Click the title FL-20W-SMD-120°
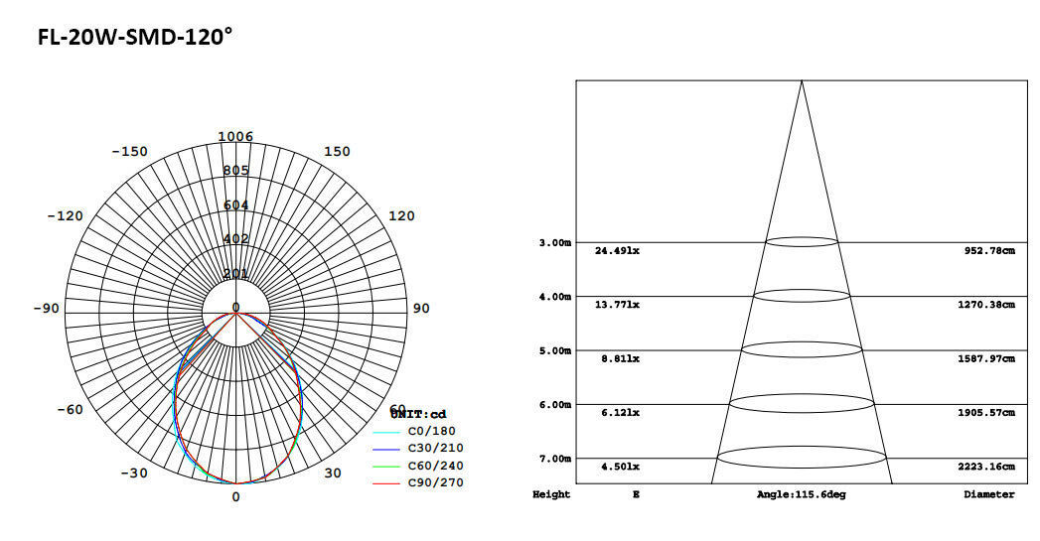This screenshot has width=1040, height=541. coord(134,37)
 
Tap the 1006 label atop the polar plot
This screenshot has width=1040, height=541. coord(236,137)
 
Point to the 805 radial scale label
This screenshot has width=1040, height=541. coord(236,171)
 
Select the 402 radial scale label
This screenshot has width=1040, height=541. coord(236,239)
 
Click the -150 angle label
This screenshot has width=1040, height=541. coord(129,152)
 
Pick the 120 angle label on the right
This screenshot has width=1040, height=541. coord(400,216)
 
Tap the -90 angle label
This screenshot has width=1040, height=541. coord(46,309)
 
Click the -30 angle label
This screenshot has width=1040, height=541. coord(134,473)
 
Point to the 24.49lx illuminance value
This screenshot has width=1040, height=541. coord(617,251)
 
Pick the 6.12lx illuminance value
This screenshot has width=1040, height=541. coord(617,413)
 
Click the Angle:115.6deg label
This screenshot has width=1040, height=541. coord(801,494)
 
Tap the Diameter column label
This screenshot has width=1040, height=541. coord(988,494)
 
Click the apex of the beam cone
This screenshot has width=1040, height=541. coord(802,80)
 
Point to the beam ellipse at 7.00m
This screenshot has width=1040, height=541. coord(802,458)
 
